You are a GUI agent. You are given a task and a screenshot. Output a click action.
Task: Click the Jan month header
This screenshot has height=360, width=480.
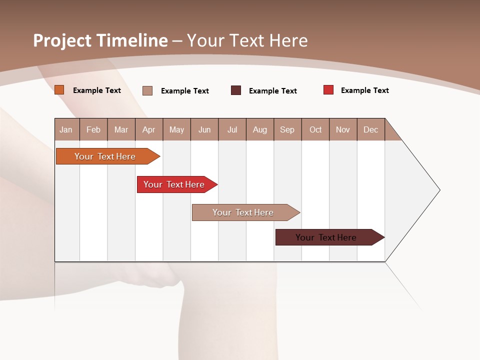coord(66,129)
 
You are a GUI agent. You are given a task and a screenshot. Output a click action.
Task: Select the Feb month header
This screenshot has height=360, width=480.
coord(93,129)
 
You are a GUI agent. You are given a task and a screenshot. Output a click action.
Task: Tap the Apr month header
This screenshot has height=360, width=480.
coord(148,129)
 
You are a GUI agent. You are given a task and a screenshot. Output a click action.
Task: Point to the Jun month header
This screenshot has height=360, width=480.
coord(204,129)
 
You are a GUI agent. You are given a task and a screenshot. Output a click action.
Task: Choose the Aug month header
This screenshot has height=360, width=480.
coord(259,129)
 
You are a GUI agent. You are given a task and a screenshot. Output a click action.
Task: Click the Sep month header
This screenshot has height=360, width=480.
coord(287,129)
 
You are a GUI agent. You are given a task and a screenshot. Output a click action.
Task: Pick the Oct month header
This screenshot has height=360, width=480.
coord(315,129)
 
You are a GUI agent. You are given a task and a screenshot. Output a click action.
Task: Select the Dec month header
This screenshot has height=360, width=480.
coord(370,129)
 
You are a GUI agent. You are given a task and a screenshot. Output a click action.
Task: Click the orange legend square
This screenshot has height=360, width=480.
coord(59,90)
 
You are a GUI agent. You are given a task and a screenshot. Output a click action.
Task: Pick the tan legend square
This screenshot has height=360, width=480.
coord(147,90)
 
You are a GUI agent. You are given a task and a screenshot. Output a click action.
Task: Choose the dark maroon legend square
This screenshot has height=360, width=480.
coord(236,90)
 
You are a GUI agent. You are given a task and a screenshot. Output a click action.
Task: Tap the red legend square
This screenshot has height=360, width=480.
coord(328,90)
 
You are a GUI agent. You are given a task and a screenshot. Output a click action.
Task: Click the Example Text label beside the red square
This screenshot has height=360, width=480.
coord(365,90)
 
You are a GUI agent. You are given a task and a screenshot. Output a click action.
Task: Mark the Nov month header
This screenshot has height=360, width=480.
coord(343,129)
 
